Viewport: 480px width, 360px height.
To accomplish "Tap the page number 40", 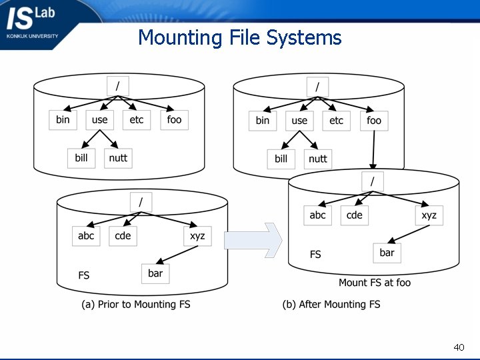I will click(459, 347).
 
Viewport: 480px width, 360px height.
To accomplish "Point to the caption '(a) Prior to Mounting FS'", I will click(136, 305).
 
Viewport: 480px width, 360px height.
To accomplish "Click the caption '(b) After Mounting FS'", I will click(331, 305).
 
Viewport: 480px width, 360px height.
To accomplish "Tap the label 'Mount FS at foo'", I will click(375, 283).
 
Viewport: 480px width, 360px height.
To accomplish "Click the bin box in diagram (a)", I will click(63, 120).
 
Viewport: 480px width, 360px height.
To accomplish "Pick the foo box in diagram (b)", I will click(374, 121).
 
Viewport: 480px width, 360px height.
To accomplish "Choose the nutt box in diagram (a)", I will click(118, 158).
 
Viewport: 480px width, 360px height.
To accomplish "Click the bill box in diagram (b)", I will click(281, 159).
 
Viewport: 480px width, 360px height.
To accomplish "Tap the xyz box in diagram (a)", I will click(197, 236).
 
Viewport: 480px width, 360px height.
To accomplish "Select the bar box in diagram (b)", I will click(387, 253).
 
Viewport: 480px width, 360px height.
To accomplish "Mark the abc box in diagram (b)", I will click(317, 215).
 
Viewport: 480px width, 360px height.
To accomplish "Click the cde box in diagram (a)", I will click(123, 236).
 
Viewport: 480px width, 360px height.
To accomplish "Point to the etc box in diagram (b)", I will click(337, 121).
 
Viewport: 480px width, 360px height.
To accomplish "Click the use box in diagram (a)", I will click(99, 120).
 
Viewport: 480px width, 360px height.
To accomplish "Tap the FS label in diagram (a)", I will click(84, 275).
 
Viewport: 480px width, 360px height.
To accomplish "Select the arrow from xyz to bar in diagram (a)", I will click(177, 255).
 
